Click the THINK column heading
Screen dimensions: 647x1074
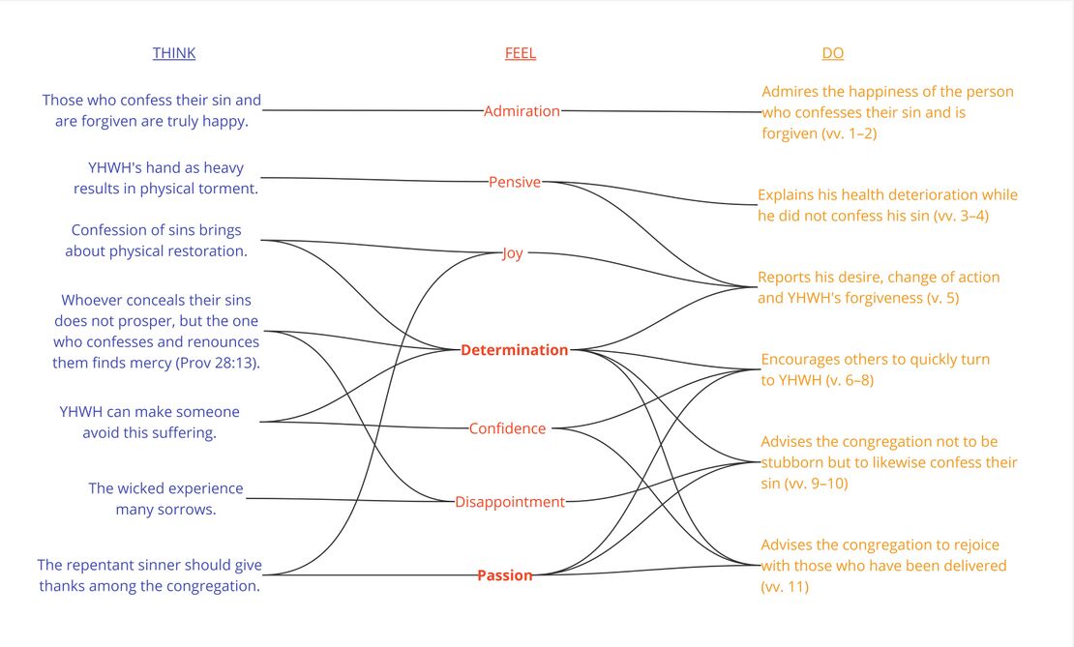click(x=174, y=53)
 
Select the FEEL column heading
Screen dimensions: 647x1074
click(x=520, y=53)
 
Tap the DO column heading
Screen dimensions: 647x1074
click(x=832, y=53)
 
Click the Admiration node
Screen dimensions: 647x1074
click(x=522, y=111)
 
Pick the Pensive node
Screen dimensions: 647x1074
click(x=515, y=182)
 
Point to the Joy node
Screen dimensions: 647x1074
click(x=513, y=253)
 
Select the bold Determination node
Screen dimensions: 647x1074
click(x=514, y=350)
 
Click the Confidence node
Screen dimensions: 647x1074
click(x=507, y=428)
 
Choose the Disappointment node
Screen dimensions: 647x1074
click(x=510, y=502)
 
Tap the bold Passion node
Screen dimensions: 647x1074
click(x=504, y=575)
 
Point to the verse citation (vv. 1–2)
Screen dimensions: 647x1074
click(x=849, y=133)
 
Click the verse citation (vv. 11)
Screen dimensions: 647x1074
click(x=785, y=586)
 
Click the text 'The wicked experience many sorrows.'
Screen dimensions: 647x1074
click(x=165, y=499)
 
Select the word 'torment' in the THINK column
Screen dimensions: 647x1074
click(x=230, y=189)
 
